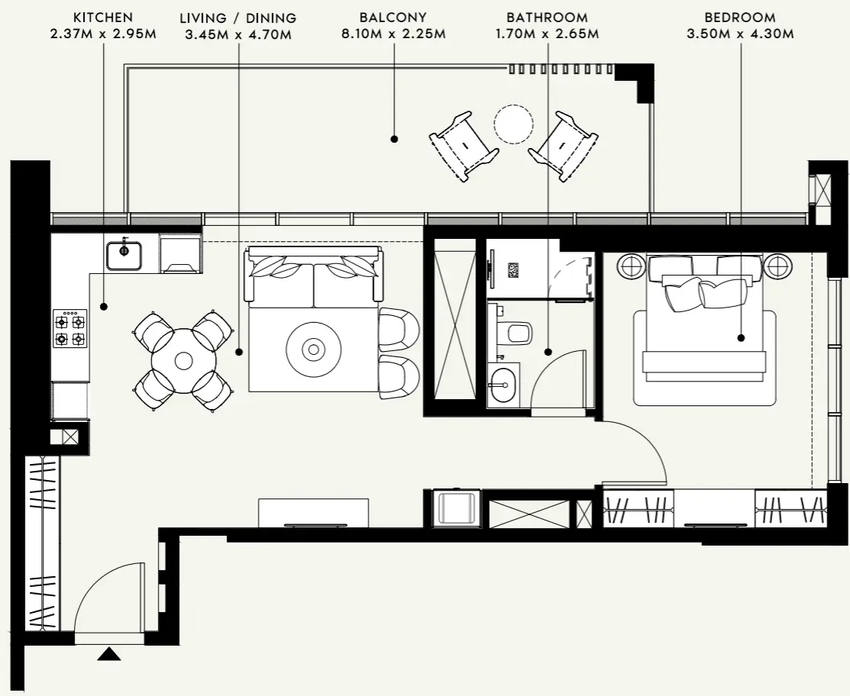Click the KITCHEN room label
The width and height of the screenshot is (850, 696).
(x=103, y=17)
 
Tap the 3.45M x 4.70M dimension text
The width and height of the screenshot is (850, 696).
(x=238, y=34)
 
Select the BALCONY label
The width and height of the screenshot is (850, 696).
(x=393, y=17)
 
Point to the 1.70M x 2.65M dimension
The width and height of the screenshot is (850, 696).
(x=546, y=34)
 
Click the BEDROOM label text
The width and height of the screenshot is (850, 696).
(x=739, y=17)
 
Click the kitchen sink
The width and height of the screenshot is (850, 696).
(x=124, y=255)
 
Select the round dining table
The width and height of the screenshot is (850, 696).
(x=183, y=360)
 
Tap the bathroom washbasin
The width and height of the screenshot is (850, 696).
(x=502, y=385)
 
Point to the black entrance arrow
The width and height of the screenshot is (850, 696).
(x=110, y=654)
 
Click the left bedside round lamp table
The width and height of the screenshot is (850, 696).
(x=631, y=266)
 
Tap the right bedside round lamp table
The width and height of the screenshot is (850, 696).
(x=778, y=266)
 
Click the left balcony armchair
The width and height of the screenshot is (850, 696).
(x=463, y=145)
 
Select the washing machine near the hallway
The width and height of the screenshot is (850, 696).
(x=456, y=508)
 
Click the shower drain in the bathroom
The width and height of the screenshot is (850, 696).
(x=513, y=269)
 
